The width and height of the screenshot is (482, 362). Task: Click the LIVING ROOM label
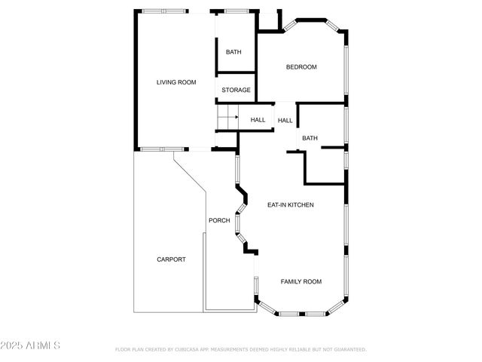[176, 82]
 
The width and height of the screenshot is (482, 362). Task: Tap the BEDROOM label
[301, 67]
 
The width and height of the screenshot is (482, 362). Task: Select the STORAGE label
[236, 90]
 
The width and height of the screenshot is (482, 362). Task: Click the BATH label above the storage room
[233, 52]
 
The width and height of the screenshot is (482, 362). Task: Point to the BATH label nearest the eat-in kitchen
[310, 138]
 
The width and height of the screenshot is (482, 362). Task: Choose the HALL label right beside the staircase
[258, 120]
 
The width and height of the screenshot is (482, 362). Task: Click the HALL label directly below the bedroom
[285, 121]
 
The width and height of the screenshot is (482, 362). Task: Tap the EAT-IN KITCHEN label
[291, 205]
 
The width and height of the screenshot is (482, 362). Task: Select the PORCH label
[219, 221]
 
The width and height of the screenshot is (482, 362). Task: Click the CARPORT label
[171, 259]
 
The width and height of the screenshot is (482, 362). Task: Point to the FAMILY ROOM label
[301, 281]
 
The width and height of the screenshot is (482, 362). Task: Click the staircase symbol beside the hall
[227, 118]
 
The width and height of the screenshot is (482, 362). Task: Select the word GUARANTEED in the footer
[348, 350]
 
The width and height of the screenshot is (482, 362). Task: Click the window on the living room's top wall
[165, 11]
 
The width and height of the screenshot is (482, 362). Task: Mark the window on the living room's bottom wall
[160, 149]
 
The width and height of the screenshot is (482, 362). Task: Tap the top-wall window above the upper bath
[236, 11]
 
